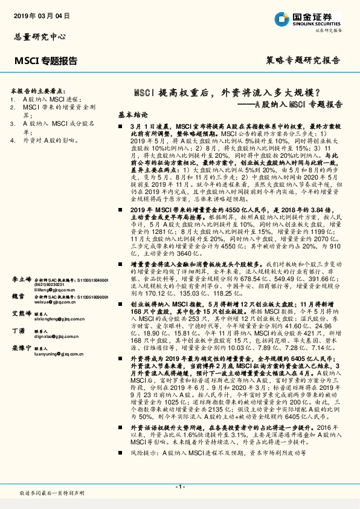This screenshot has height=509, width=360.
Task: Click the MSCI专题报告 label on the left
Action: tap(45, 60)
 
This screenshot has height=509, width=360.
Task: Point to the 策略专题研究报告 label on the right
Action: tap(303, 60)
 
